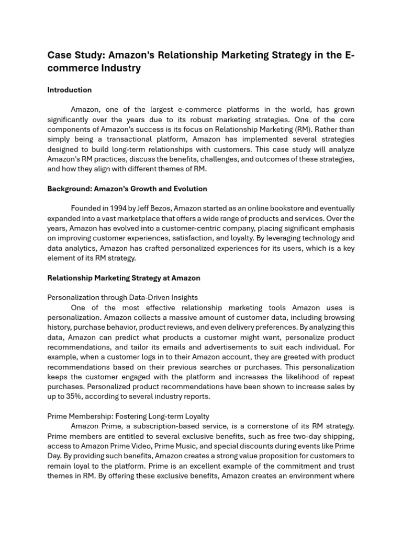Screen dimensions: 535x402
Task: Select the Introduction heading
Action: point(69,90)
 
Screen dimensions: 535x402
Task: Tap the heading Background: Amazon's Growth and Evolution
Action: point(127,189)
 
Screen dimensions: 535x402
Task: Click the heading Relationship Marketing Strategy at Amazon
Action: point(124,278)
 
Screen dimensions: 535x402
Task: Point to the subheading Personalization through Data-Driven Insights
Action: point(122,298)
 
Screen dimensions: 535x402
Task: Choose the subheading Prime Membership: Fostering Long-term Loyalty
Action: point(128,416)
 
